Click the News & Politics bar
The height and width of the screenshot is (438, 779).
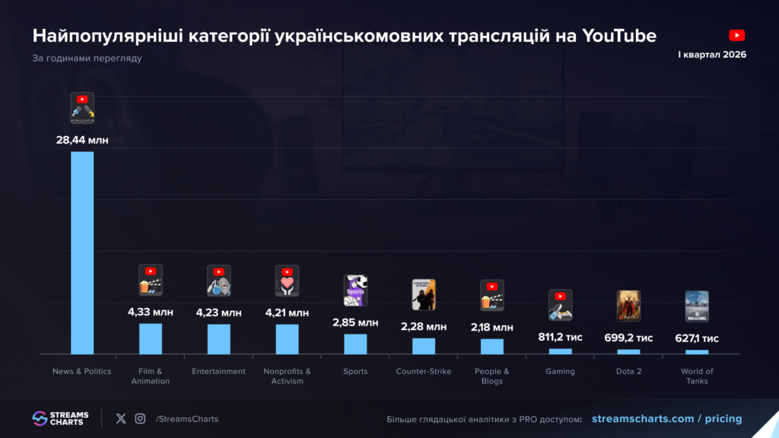click(82, 252)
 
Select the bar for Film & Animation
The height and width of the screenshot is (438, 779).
click(151, 338)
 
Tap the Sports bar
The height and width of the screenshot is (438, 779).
click(355, 344)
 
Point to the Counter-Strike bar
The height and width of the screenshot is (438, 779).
click(424, 346)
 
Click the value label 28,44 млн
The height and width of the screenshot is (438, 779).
click(82, 140)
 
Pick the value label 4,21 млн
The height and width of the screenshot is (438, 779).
click(287, 313)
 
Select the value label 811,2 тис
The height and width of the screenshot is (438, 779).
click(561, 337)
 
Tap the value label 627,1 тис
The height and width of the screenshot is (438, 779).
click(697, 338)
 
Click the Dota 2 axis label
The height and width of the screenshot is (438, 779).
click(628, 371)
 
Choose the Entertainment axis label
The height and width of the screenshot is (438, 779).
click(218, 371)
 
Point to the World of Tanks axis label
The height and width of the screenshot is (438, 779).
click(697, 376)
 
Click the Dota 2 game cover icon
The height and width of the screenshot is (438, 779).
click(628, 306)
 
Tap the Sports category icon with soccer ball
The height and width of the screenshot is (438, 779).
click(355, 290)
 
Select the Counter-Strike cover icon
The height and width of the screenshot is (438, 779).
click(424, 294)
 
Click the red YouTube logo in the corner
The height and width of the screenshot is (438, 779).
click(736, 35)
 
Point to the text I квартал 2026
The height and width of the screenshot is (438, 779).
click(712, 55)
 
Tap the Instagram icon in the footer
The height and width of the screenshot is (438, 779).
click(140, 419)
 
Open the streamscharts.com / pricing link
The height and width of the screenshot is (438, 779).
click(666, 419)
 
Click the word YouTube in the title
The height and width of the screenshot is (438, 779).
click(619, 36)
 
